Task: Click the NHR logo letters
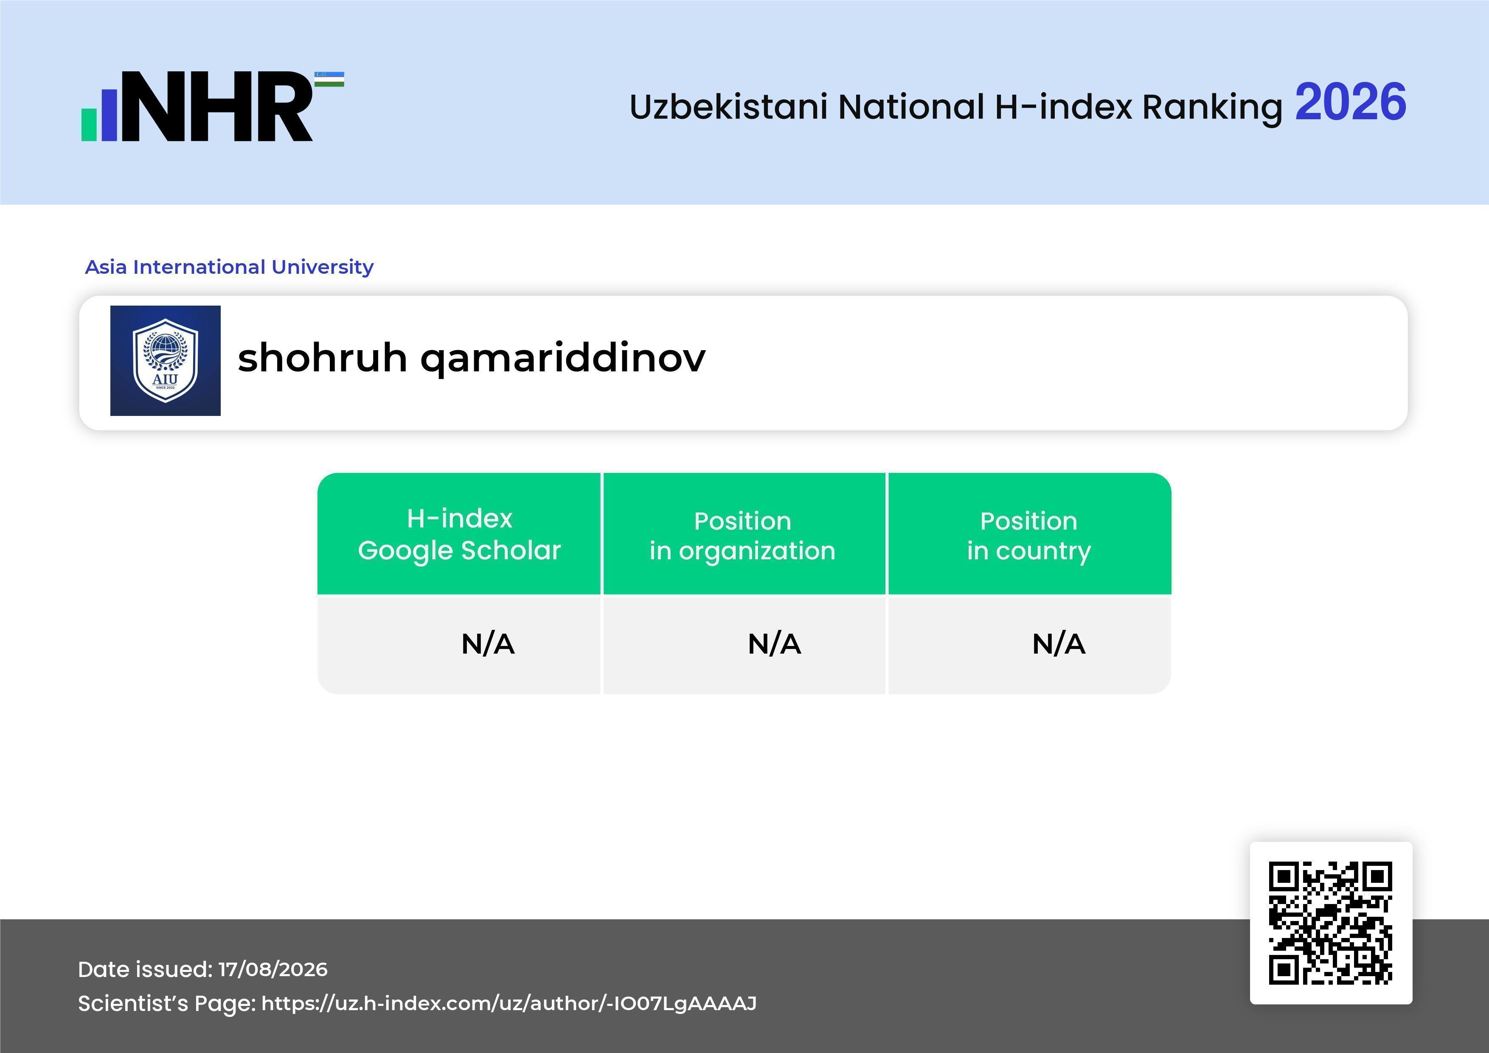point(217,107)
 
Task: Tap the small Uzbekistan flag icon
point(329,79)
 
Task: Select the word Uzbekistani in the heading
point(728,107)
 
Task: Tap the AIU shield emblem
point(166,360)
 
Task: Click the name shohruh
point(322,357)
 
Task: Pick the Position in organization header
point(742,536)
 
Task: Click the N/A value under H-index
point(488,644)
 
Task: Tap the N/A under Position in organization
point(774,644)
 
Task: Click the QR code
point(1331,923)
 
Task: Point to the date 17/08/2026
point(273,969)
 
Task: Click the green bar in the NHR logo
point(89,124)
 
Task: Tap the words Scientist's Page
point(167,1004)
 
